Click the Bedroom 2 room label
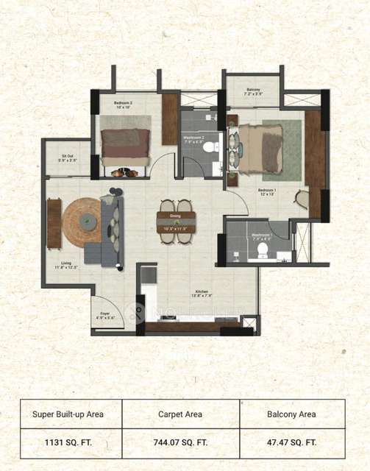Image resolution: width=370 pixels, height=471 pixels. pos(122,104)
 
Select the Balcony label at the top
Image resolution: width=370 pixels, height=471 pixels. pos(253,91)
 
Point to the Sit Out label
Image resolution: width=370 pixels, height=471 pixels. pos(69,157)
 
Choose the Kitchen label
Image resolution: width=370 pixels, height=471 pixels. pos(202,293)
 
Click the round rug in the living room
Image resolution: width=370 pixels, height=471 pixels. pos(82,220)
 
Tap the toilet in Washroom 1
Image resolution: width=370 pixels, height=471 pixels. pos(262,250)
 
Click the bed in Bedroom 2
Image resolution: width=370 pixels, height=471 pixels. pos(125,140)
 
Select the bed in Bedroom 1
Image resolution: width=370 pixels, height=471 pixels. pos(261,147)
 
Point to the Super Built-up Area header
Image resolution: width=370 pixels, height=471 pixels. pos(69,414)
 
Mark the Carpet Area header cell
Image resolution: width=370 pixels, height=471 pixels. pos(181,414)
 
